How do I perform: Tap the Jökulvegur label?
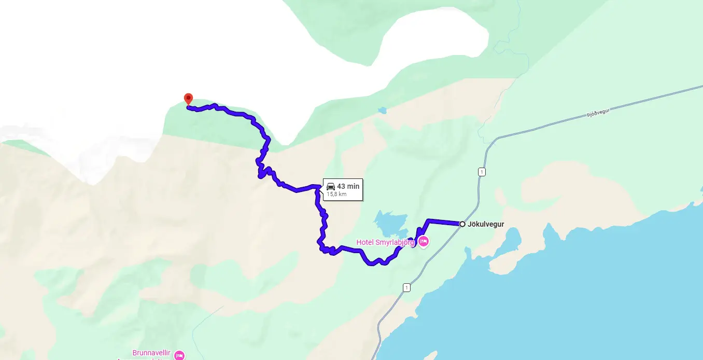[486, 224]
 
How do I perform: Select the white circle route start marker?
[462, 224]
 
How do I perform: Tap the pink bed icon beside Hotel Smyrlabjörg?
[423, 241]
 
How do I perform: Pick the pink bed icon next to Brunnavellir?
[179, 355]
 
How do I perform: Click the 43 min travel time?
[348, 186]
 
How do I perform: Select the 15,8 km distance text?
[336, 195]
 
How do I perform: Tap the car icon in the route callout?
[331, 186]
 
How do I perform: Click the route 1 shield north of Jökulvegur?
[482, 172]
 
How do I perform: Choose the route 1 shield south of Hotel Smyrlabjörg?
[406, 287]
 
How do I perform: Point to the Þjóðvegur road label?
[591, 115]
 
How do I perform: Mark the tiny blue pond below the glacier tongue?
[383, 110]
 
